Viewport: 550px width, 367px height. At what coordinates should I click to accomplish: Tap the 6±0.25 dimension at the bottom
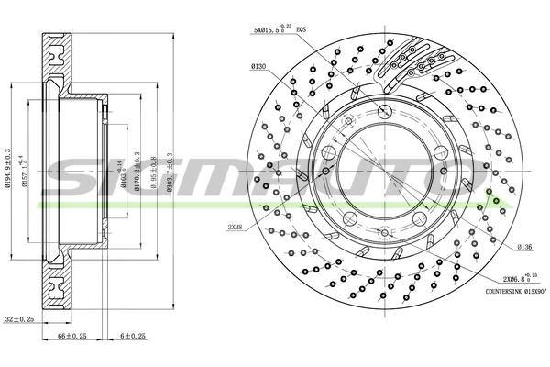[135, 337]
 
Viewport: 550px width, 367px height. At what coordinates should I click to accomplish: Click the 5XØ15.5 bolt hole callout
[274, 30]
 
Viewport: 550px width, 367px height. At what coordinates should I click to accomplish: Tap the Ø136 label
[523, 247]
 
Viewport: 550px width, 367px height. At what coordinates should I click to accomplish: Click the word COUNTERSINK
[502, 291]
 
